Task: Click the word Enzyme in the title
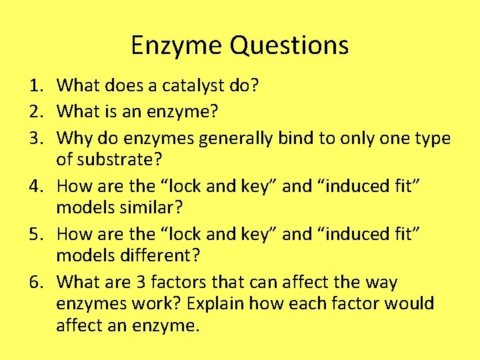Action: pyautogui.click(x=177, y=46)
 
